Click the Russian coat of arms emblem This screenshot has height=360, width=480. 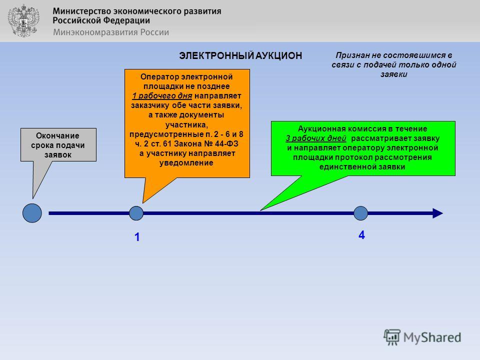pos(24,21)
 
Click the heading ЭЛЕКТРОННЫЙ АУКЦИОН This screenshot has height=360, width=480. pos(240,55)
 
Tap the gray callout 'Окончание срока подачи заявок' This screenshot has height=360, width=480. pos(58,145)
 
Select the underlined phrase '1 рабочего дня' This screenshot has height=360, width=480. pos(162,96)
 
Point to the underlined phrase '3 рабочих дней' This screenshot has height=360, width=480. pos(316,138)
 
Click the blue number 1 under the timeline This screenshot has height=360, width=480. pos(137,237)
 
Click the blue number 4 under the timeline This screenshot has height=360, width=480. pos(361,235)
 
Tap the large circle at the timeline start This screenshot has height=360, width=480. pos(32,213)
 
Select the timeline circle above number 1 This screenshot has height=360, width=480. pos(136,213)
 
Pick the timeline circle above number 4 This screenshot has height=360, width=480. pos(360,213)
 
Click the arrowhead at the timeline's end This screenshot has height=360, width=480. pos(438,213)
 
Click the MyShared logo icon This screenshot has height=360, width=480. pos(392,337)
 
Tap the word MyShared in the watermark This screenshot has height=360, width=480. pos(432,337)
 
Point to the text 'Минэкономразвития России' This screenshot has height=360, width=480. pos(111,32)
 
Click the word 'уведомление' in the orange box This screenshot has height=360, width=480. pos(186,163)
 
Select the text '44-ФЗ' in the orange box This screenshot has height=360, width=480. pos(226,144)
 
